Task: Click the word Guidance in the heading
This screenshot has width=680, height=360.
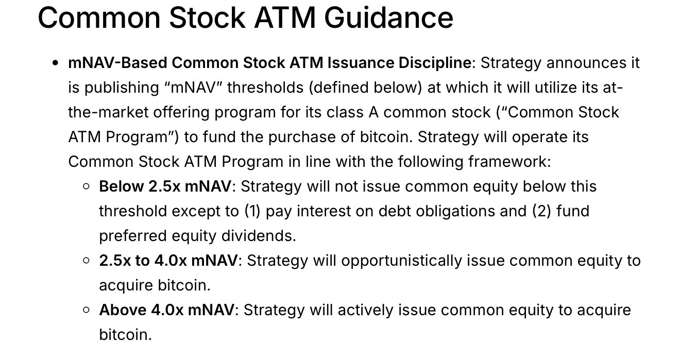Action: [x=388, y=18]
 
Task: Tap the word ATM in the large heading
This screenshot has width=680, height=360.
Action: [x=285, y=18]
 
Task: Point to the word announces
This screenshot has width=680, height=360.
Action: [x=586, y=63]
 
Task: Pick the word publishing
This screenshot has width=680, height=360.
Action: [x=122, y=88]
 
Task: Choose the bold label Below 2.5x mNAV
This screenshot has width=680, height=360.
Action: [x=165, y=186]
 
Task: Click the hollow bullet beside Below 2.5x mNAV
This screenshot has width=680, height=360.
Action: [x=86, y=186]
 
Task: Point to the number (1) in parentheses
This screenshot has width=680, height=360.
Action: [x=252, y=211]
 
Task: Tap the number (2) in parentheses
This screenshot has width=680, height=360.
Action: [x=541, y=211]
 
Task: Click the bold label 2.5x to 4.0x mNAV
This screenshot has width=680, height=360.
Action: [x=168, y=261]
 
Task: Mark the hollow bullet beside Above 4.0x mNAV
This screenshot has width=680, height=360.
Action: [x=86, y=310]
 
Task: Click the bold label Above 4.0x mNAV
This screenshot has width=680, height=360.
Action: [x=167, y=310]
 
